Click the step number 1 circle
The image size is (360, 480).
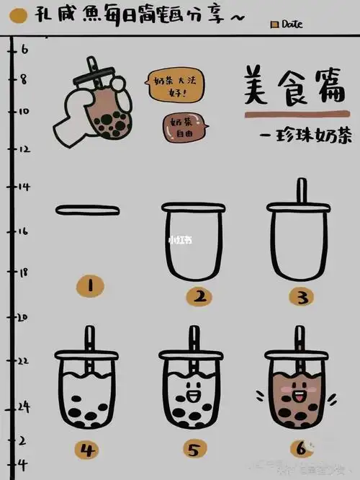pyautogui.click(x=90, y=285)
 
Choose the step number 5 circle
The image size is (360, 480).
pyautogui.click(x=194, y=451)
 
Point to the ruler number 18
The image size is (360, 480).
pyautogui.click(x=24, y=273)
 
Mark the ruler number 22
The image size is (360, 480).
pyautogui.click(x=24, y=360)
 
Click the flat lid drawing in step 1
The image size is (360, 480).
pyautogui.click(x=89, y=210)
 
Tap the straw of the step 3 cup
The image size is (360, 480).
pyautogui.click(x=302, y=191)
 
